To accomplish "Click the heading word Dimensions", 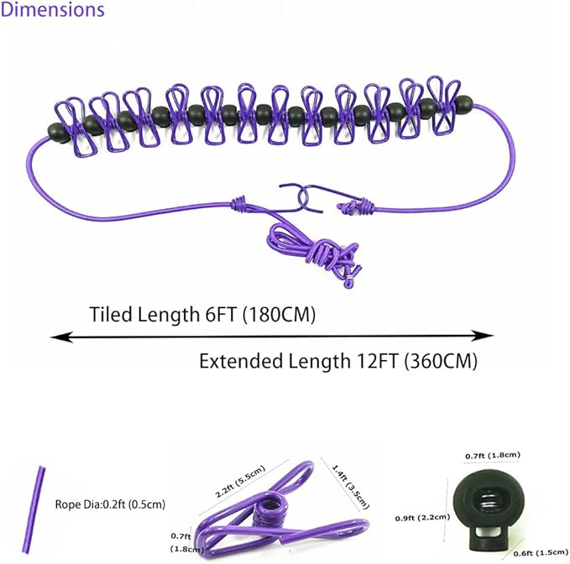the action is [52, 9].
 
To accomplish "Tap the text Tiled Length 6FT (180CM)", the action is [202, 315].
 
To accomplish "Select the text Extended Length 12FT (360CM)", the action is [338, 361].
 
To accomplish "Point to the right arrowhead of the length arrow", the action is [483, 336].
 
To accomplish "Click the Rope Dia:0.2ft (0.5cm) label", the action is [110, 504].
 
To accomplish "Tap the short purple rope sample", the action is [34, 509].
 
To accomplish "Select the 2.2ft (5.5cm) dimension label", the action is [239, 481].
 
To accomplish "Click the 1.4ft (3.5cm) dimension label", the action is [350, 487].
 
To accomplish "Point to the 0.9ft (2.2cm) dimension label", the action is [422, 517].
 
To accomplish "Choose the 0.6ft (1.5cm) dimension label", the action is [541, 553].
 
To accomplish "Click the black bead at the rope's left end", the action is [58, 133].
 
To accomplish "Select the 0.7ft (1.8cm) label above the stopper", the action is [493, 456].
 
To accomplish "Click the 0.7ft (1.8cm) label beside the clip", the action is [187, 542].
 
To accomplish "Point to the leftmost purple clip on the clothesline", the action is [76, 127].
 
